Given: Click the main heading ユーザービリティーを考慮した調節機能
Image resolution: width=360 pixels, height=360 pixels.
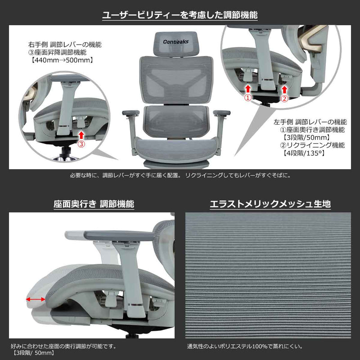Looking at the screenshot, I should (180, 15).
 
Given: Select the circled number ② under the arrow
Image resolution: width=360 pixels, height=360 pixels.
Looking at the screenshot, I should (284, 98).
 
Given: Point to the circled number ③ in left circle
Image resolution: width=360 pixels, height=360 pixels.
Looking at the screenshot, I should (81, 144).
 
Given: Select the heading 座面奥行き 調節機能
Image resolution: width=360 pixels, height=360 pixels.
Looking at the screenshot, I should (94, 204).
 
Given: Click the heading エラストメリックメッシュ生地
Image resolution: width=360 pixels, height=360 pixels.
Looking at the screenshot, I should (270, 204).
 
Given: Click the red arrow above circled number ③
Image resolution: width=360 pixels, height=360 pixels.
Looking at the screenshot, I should (81, 134).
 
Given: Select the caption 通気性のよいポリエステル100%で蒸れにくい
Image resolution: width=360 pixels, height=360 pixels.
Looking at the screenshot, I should (245, 346).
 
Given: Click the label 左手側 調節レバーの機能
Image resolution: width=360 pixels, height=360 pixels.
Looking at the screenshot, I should (310, 122).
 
